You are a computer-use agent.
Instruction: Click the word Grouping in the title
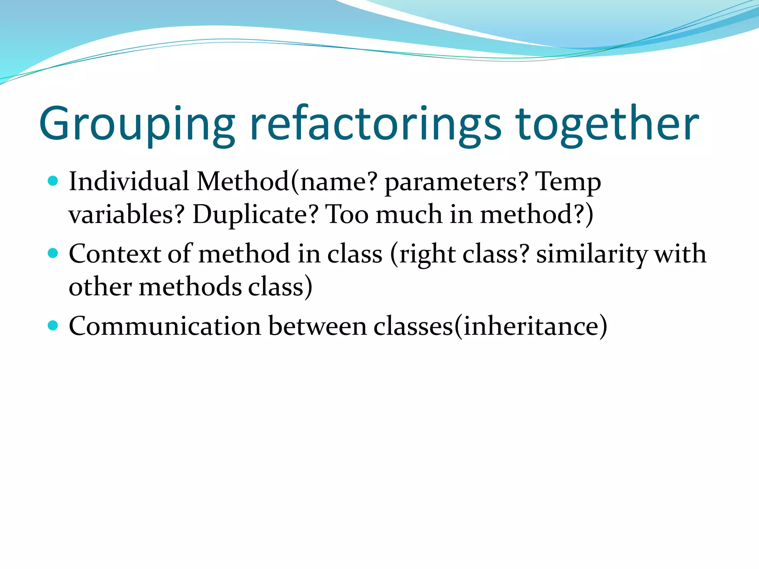137,124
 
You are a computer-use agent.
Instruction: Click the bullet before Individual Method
53,181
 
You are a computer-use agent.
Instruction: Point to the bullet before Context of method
53,253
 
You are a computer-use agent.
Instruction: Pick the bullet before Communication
53,325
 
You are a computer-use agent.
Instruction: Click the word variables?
126,214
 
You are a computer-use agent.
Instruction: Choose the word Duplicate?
255,214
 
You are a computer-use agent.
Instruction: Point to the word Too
347,214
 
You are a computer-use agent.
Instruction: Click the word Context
115,254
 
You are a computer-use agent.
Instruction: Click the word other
100,287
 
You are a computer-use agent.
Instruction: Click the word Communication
165,326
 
